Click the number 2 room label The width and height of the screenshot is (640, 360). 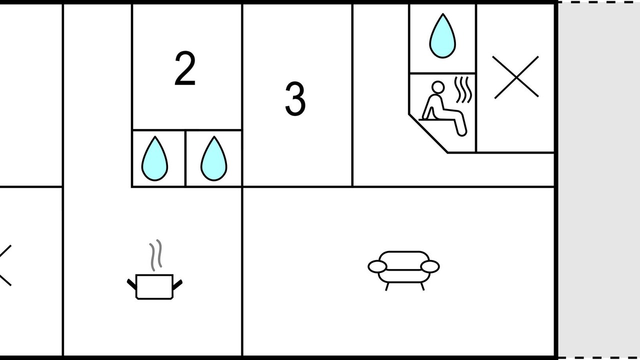185,68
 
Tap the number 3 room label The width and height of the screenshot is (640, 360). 295,99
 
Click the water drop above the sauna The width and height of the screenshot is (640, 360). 442,36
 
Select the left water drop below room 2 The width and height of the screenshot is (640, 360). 154,158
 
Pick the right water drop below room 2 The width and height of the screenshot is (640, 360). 213,158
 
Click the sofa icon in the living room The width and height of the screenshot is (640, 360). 403,270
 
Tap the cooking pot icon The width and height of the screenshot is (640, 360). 154,286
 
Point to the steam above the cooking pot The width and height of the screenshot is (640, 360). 155,255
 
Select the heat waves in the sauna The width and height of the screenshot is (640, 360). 463,89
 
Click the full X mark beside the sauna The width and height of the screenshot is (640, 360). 516,77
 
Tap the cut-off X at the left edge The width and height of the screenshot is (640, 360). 5,265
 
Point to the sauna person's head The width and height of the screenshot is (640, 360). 438,87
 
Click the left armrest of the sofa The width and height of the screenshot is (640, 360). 377,266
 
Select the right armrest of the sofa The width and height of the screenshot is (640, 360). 430,266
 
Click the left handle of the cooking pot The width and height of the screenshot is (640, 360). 131,284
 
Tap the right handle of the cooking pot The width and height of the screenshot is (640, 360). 177,284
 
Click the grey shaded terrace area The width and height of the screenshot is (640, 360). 599,180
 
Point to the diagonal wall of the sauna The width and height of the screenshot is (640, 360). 428,133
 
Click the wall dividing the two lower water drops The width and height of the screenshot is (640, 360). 185,158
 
